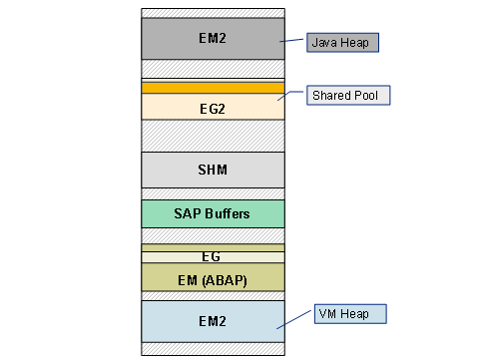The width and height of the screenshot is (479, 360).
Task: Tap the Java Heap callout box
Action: coord(343,43)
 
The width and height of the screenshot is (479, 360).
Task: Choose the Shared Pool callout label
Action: coord(347,96)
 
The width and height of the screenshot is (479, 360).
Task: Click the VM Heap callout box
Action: coord(349,313)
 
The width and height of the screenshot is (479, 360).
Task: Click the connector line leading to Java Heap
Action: coord(294,42)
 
